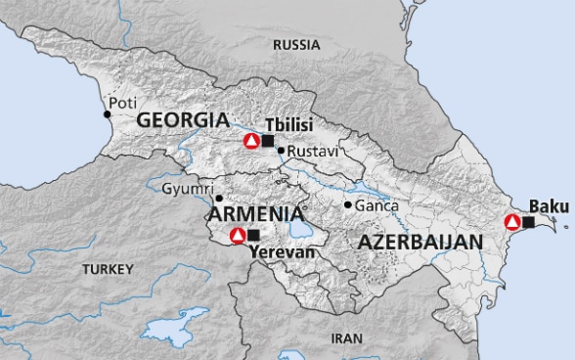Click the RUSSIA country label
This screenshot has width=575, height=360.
tap(296, 45)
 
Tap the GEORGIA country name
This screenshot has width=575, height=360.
tap(183, 119)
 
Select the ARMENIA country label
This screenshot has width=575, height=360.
tap(252, 212)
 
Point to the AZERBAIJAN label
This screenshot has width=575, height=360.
tap(420, 241)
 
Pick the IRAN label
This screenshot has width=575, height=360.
tap(346, 338)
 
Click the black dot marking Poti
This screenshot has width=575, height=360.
tap(108, 114)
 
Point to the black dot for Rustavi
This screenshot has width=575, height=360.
tap(280, 150)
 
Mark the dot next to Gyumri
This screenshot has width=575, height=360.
tap(218, 198)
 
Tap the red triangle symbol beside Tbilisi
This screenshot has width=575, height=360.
tap(251, 141)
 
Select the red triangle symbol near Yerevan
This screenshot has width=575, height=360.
tap(237, 235)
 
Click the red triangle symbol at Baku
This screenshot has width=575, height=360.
tap(511, 222)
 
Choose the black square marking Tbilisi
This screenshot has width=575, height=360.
tap(268, 141)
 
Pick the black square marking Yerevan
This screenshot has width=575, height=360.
tap(254, 235)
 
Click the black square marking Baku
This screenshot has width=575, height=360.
tap(529, 222)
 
